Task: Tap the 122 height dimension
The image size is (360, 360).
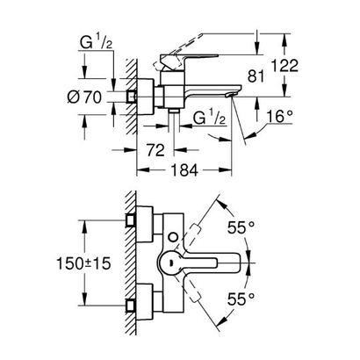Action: click(x=304, y=65)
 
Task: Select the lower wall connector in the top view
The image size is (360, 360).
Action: click(x=132, y=304)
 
